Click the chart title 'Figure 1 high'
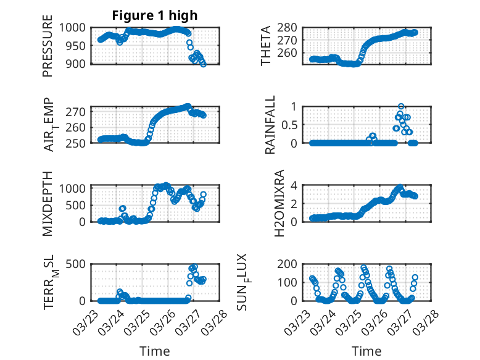[154, 15]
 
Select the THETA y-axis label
[266, 46]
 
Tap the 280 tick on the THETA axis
[290, 27]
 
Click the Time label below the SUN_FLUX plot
[366, 351]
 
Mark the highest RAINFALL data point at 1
[401, 106]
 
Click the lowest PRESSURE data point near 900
[204, 64]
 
